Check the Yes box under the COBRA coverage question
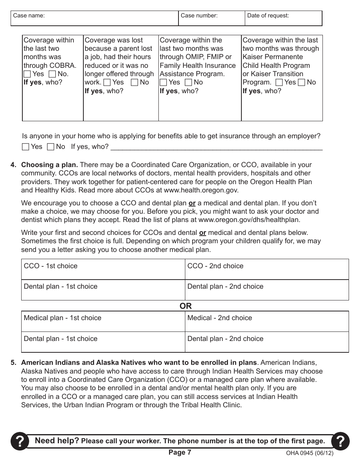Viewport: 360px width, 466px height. (x=27, y=74)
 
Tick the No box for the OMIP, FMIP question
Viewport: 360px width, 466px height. (x=188, y=83)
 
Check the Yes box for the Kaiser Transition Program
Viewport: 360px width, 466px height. (x=279, y=83)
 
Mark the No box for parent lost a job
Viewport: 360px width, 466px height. (x=135, y=83)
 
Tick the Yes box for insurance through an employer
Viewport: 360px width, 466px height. (x=26, y=147)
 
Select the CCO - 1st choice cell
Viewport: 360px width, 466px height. (x=103, y=270)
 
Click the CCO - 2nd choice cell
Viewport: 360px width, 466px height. (x=267, y=270)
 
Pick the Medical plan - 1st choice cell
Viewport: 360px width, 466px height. (x=103, y=322)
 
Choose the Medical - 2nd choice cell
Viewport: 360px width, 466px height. (x=267, y=322)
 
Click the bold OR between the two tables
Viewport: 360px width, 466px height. (x=185, y=306)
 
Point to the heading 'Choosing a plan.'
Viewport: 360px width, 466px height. (x=50, y=165)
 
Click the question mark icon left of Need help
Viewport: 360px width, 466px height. (x=19, y=441)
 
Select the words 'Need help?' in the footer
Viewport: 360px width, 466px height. (x=57, y=441)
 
